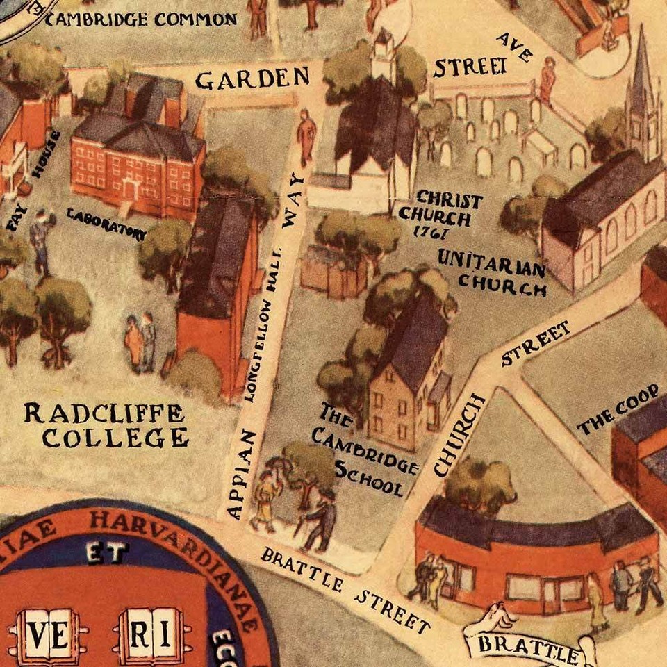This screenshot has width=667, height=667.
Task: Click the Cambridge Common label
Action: (x=141, y=19)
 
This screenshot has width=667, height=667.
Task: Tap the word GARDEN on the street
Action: (x=252, y=79)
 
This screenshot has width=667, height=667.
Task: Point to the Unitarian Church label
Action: (x=492, y=272)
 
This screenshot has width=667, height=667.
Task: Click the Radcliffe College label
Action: (x=106, y=425)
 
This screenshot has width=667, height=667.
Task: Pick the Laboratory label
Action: (x=106, y=223)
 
